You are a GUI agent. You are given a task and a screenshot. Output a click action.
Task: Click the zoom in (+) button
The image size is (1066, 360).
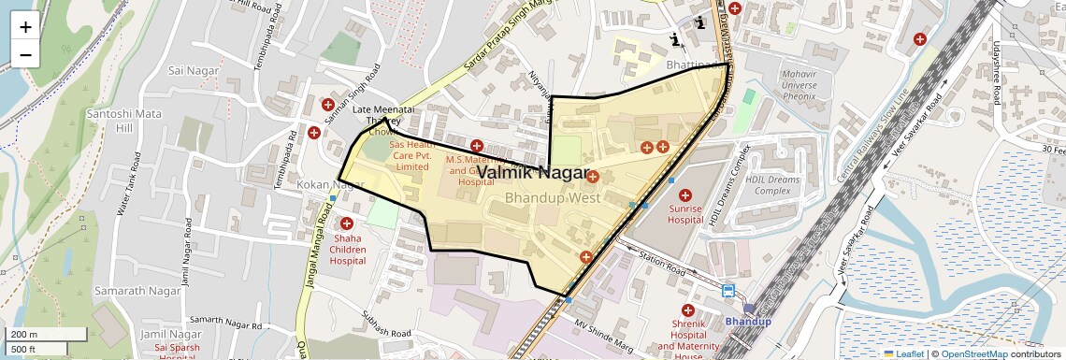click(25, 26)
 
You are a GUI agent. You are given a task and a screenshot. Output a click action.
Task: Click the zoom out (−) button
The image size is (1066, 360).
click(25, 54)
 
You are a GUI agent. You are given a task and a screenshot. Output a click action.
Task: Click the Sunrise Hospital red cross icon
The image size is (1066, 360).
click(684, 195)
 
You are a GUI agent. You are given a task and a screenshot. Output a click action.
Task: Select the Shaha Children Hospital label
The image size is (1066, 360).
click(348, 249)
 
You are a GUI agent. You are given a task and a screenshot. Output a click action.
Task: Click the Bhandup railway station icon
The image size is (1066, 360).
click(728, 291)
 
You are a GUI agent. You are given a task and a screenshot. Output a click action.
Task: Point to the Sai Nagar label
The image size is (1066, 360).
click(193, 70)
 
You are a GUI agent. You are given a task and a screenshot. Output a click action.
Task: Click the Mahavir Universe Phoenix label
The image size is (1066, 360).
click(786, 85)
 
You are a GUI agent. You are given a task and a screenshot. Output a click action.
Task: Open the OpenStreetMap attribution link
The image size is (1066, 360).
click(973, 353)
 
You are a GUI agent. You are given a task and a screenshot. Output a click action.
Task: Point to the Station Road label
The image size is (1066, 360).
click(662, 261)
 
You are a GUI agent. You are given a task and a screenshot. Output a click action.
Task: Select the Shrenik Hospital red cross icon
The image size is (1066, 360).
click(688, 310)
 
